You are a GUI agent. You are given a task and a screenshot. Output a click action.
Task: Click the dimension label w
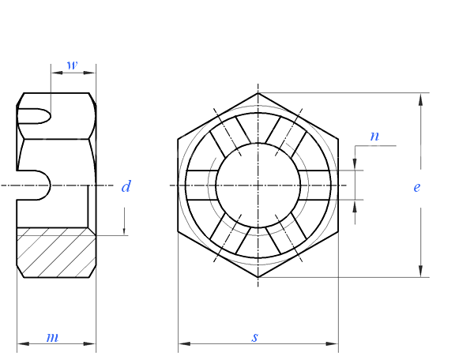click(x=72, y=65)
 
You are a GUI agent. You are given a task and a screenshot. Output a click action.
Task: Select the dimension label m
click(x=52, y=337)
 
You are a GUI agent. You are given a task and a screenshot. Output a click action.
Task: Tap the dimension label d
click(x=126, y=187)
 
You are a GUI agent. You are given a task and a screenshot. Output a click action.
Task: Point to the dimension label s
click(x=254, y=337)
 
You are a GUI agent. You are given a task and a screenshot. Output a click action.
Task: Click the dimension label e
click(x=416, y=187)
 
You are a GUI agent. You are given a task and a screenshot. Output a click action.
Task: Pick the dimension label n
click(x=374, y=136)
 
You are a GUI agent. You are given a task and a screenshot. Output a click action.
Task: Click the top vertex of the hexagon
click(x=258, y=93)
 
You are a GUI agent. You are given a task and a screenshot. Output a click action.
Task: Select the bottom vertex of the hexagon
click(x=258, y=278)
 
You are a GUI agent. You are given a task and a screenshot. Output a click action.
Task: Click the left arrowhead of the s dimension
click(x=183, y=343)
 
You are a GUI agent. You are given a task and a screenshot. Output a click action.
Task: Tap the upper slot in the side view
click(x=36, y=115)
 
